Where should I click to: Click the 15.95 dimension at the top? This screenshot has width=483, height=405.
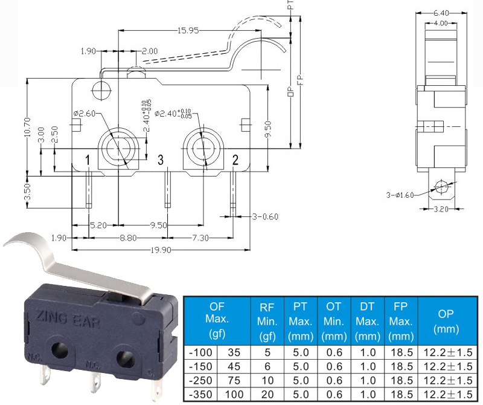188,31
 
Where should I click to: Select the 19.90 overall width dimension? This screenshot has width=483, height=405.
161,250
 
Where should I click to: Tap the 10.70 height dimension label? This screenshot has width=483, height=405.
27,127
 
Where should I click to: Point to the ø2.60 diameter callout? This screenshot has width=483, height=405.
85,114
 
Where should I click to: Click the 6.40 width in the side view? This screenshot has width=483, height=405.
441,13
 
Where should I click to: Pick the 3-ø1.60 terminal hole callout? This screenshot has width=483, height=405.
400,195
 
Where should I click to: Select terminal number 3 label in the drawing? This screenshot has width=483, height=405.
161,160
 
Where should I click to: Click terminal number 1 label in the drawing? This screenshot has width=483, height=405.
88,160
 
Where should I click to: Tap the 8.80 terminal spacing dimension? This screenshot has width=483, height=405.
128,238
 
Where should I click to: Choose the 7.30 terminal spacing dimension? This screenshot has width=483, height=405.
200,238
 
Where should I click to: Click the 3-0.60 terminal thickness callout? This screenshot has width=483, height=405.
265,216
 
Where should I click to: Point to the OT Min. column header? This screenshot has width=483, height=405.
334,321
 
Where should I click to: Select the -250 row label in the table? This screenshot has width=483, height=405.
200,380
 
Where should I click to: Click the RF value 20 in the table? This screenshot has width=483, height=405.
267,394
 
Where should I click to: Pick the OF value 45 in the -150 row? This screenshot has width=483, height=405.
234,366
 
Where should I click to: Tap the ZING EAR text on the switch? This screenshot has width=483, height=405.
68,319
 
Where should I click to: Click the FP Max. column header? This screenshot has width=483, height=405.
401,321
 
